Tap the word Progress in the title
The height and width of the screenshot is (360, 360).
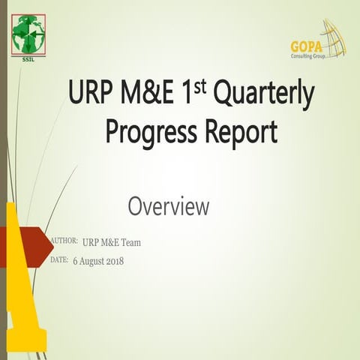point(148,133)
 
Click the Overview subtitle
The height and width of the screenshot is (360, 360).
point(168,206)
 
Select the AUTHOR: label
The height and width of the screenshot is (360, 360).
point(64,241)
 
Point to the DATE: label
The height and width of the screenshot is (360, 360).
point(59,259)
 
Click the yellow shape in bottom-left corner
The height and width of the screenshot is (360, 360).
point(21,315)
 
